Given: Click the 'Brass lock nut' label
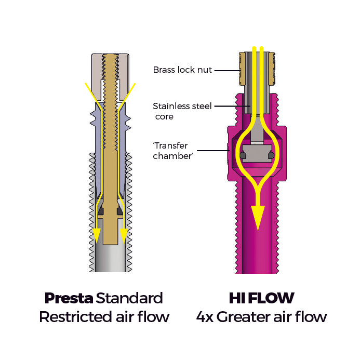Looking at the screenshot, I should (x=182, y=70).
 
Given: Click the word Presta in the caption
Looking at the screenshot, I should (x=69, y=298).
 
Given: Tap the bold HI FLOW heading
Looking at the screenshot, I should (x=261, y=298).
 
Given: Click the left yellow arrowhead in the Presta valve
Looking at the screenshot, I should (x=96, y=235).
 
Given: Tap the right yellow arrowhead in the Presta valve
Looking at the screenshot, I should (x=124, y=235).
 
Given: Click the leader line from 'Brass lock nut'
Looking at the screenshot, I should (x=227, y=70).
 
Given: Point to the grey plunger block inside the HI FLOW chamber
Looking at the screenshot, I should (x=258, y=154).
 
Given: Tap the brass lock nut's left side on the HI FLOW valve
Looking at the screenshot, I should (x=242, y=69).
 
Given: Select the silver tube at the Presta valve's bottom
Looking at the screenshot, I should (x=110, y=260).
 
